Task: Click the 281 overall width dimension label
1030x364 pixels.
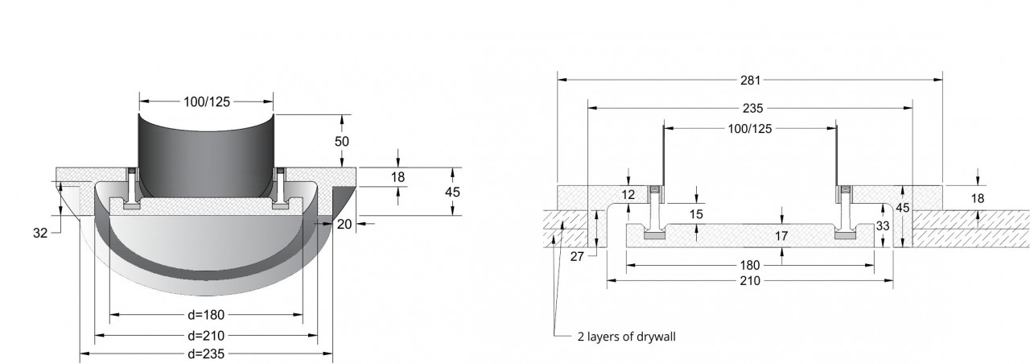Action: coord(751,81)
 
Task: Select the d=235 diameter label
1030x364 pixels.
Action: coord(206,354)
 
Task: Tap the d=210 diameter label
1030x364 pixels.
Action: coord(206,336)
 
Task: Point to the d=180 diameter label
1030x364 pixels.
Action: coord(206,315)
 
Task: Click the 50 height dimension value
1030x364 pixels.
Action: coord(342,141)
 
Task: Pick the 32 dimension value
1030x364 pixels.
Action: coord(40,233)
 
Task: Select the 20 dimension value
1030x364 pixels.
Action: coord(344,224)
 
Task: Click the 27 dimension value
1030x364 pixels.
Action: coord(577,257)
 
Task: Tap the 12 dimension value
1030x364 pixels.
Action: coord(628,195)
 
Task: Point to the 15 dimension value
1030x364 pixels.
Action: coord(697,214)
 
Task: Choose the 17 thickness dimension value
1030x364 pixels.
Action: coord(781,236)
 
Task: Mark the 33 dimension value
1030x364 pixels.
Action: coord(883,226)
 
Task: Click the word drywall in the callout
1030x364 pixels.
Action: coord(657,337)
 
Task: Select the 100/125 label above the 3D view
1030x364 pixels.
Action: coord(207,102)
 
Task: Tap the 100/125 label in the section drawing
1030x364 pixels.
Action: coord(750,129)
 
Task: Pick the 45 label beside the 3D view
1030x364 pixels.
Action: coord(452,192)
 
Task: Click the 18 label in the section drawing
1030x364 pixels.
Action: coord(978,198)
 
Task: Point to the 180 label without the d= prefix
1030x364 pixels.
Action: coord(749,266)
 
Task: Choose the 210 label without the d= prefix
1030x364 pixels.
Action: coord(750,281)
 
